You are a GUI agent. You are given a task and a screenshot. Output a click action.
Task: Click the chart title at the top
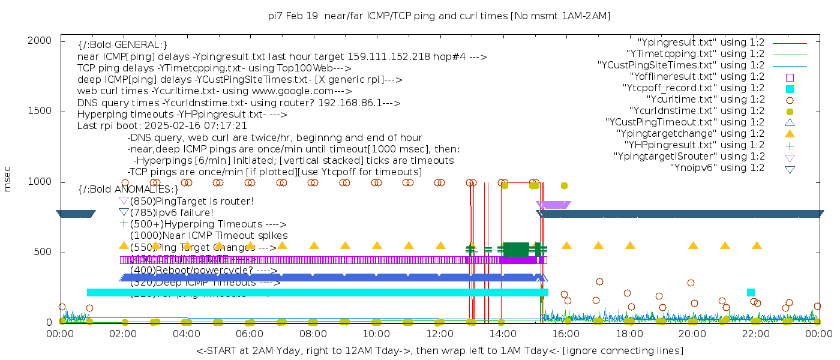(439, 16)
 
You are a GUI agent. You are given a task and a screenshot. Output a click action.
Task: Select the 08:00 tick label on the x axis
(313, 334)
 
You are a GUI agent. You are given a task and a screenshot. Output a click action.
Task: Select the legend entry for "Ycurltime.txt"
(705, 100)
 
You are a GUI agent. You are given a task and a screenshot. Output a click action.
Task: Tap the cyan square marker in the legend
(790, 89)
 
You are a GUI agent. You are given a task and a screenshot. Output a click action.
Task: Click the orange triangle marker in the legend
(790, 133)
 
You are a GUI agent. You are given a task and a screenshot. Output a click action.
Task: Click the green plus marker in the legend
(790, 145)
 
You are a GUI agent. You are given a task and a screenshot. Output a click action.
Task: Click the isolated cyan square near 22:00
(751, 292)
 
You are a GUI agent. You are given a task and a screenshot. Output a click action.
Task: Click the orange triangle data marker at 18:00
(630, 245)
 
